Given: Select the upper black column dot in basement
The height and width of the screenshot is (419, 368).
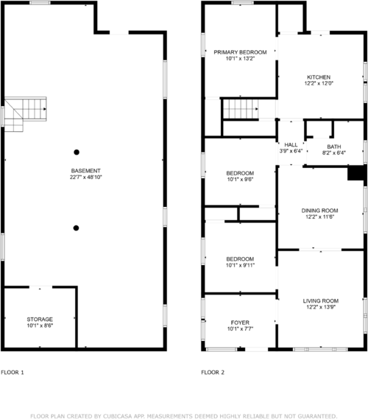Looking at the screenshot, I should tap(77, 152).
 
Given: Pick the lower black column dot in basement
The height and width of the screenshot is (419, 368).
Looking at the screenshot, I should tap(77, 228).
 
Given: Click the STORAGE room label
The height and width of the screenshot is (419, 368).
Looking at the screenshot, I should tap(40, 319).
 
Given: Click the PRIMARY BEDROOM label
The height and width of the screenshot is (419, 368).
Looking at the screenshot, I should tap(239, 52).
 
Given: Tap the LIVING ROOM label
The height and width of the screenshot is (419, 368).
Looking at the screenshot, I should tap(320, 300).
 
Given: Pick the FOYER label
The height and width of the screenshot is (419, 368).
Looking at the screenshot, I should tap(240, 322).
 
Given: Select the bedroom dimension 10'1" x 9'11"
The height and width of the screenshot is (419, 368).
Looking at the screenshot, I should tap(240, 266).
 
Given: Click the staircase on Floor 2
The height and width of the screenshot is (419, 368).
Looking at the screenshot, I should tap(240, 109).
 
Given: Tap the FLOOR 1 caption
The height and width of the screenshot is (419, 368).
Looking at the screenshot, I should tap(13, 373).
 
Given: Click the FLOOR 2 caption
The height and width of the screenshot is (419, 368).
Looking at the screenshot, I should tap(213, 373).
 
